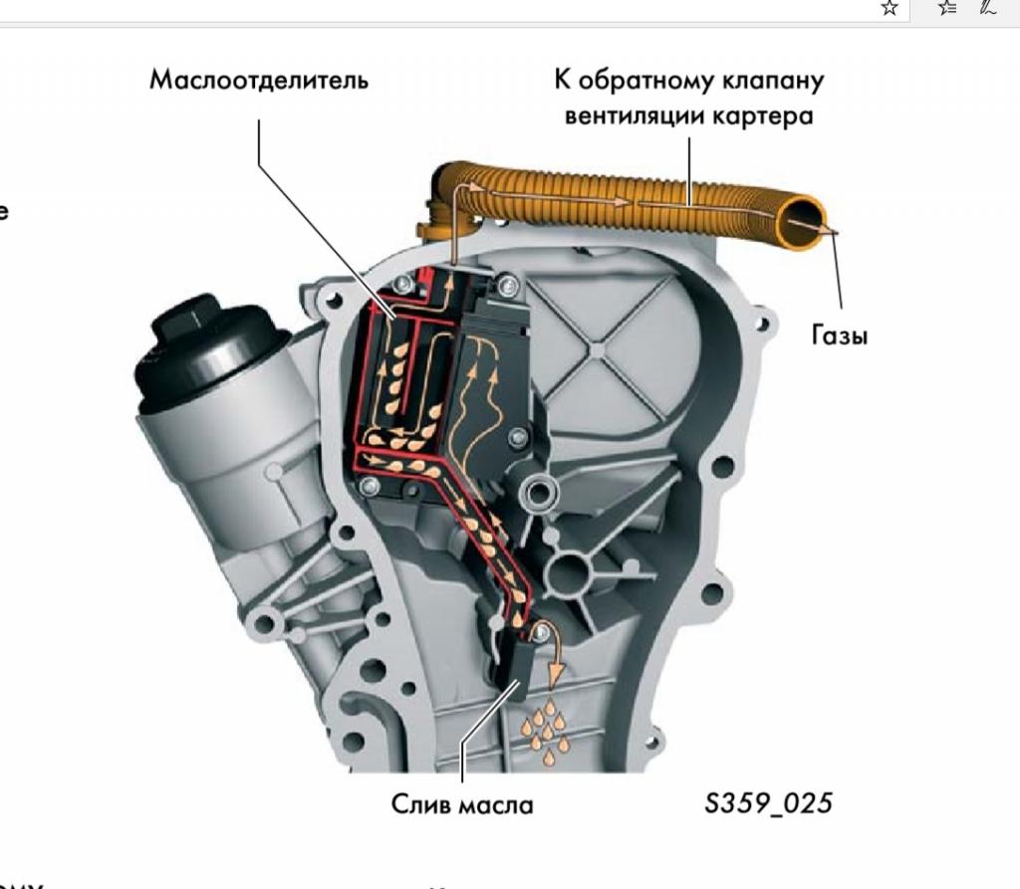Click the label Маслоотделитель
click(259, 81)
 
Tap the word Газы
click(840, 335)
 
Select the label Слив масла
click(461, 803)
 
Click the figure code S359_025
click(767, 802)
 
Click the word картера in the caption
click(763, 115)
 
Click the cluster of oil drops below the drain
click(546, 732)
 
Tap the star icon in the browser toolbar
click(890, 8)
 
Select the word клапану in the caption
click(775, 80)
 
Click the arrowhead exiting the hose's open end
click(833, 231)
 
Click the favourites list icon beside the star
click(945, 8)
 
